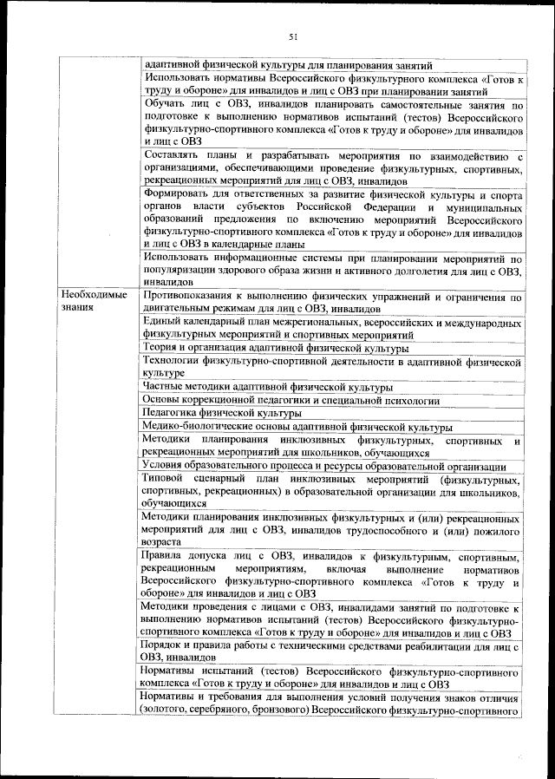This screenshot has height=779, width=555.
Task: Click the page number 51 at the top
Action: [292, 36]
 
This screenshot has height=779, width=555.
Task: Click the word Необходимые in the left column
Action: [94, 296]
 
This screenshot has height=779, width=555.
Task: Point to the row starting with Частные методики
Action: [268, 387]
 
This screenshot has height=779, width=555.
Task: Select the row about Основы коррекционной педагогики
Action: [291, 401]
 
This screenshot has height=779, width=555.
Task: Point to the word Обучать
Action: [165, 105]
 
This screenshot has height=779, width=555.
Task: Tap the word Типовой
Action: [162, 479]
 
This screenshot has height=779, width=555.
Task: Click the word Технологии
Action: [176, 360]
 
